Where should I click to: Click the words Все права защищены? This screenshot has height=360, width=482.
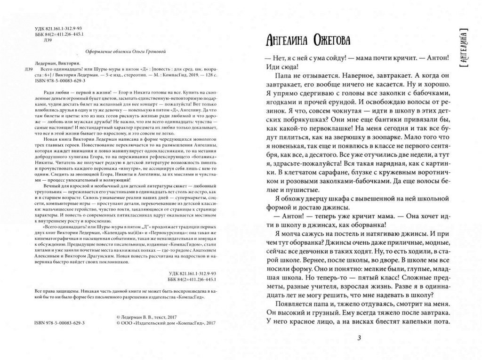[55, 291]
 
